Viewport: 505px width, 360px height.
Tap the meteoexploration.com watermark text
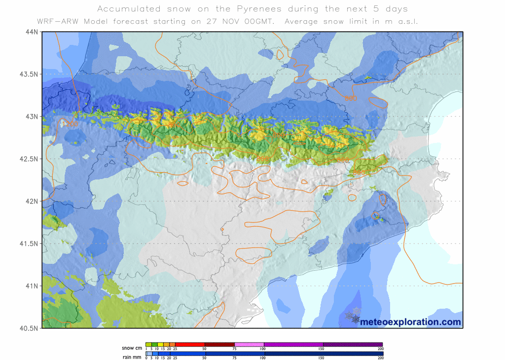[x=411, y=322]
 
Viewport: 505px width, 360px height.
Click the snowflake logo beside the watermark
[x=353, y=316]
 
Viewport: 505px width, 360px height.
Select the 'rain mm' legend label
[x=131, y=354]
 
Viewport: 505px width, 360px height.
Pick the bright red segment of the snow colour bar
[x=190, y=345]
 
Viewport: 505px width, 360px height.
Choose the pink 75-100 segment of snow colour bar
[x=249, y=345]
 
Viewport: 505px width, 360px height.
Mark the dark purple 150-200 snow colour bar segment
[x=353, y=345]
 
